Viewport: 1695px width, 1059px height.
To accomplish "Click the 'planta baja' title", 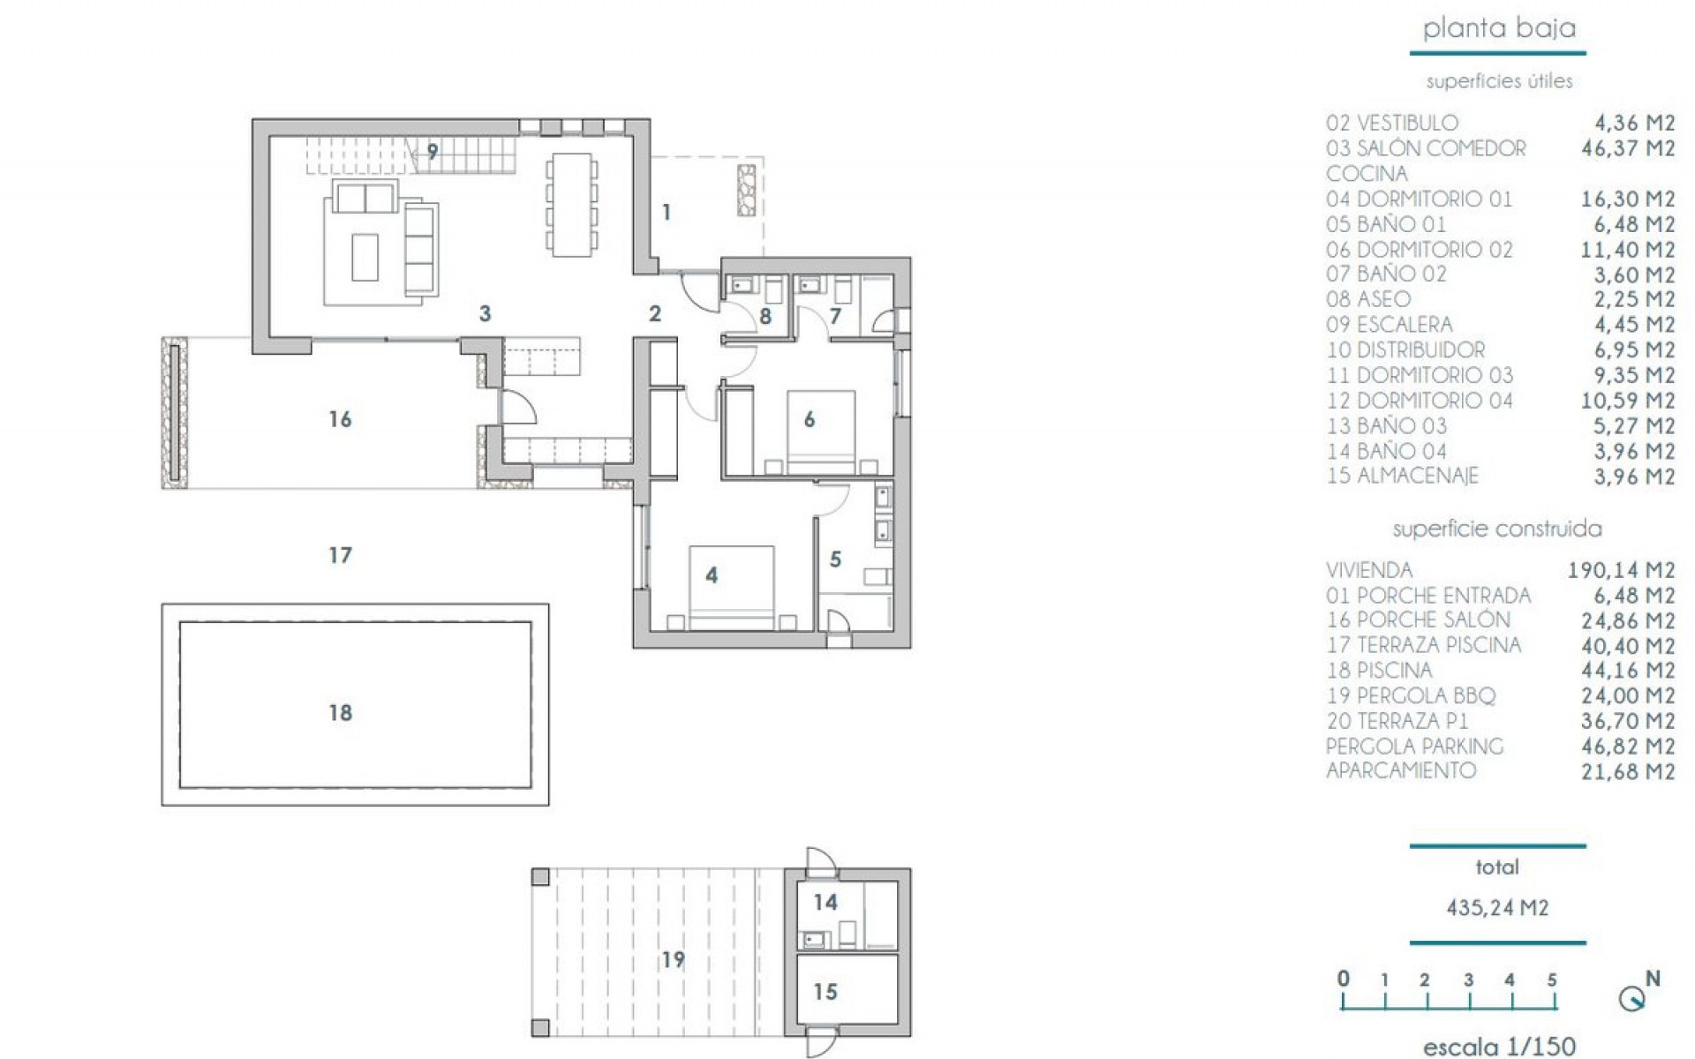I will [1498, 28].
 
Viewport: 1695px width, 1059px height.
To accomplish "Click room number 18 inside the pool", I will [341, 712].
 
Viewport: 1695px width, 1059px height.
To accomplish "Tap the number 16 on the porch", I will [340, 419].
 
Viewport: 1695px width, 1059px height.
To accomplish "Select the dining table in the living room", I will [571, 205].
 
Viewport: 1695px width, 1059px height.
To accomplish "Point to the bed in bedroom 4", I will [732, 587].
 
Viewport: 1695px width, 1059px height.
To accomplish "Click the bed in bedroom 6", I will [821, 432].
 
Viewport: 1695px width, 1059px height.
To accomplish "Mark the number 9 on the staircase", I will [433, 152].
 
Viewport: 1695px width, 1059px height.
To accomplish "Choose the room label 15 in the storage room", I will [825, 992].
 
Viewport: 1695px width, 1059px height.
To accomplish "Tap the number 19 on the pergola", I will [673, 959].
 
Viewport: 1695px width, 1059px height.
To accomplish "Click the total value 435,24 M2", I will [1497, 907].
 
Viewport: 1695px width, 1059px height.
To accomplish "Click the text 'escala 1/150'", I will [1498, 1047].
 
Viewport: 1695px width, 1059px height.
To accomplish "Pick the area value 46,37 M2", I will [1627, 148].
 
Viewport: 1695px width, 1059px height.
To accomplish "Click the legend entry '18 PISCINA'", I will [1379, 671].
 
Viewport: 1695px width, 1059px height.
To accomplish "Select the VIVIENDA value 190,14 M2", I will [1621, 570].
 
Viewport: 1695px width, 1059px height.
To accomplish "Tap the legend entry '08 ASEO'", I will [1368, 299].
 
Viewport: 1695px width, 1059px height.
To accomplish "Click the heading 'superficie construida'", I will [1496, 529].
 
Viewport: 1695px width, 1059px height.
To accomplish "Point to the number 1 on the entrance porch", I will [667, 213].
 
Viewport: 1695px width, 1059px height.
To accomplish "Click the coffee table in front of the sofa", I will [365, 256].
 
